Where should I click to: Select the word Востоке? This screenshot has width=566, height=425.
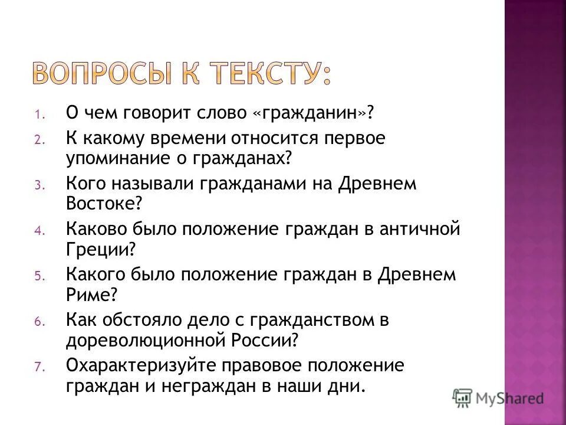103,204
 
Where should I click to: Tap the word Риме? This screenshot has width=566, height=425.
91,295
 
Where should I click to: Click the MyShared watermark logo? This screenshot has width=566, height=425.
498,397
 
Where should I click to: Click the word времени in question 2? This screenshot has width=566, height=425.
197,138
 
